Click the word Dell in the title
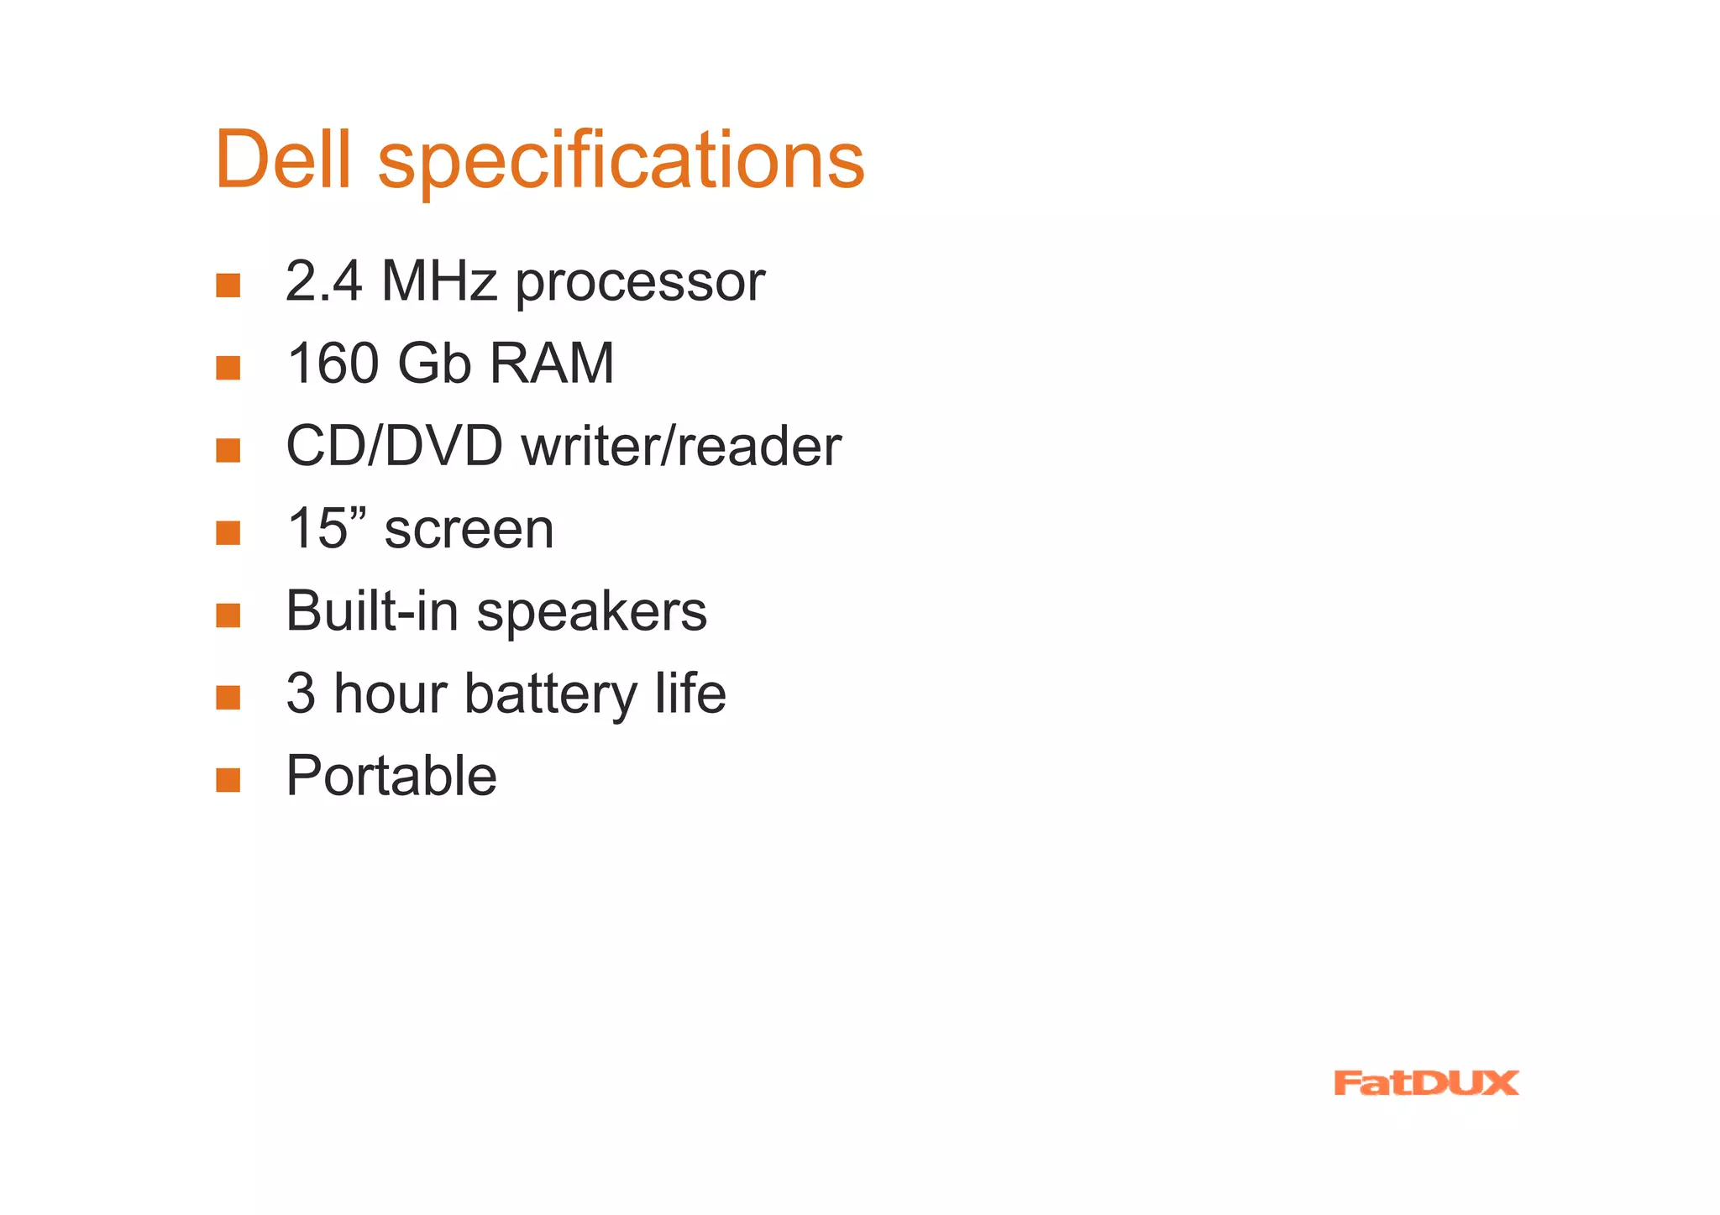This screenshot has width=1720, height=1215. pos(282,160)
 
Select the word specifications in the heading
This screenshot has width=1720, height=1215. pos(621,161)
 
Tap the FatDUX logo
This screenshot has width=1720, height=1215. pos(1425,1083)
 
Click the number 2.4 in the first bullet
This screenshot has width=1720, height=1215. pos(323,281)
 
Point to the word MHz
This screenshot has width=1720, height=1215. pos(438,281)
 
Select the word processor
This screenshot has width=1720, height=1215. pos(640,284)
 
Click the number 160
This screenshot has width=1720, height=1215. pos(333,364)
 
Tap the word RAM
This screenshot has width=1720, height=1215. pos(552,364)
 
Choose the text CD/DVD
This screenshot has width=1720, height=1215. pos(394,446)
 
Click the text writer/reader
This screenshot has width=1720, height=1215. pos(681,446)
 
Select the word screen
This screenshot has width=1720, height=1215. pos(469,531)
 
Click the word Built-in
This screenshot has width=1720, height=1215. pos(371,610)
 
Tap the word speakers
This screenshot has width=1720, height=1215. pos(592,613)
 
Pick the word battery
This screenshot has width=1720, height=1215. pos(551,695)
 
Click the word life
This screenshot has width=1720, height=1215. pos(690,694)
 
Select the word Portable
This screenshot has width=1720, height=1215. pos(391,775)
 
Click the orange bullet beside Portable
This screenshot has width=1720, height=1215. pos(228,780)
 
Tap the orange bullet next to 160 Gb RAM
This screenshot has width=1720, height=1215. pos(228,368)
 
